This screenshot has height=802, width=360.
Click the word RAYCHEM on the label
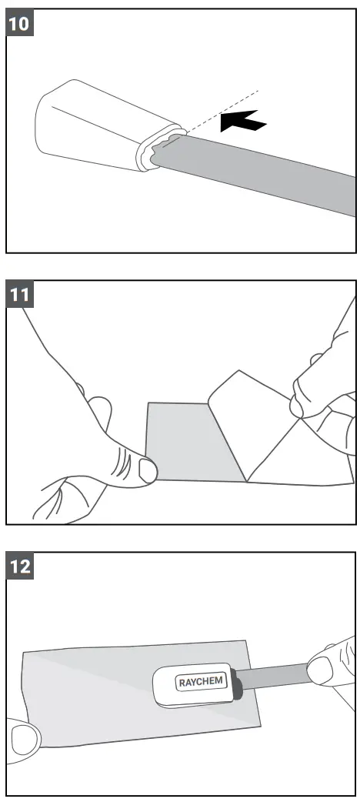click(x=197, y=682)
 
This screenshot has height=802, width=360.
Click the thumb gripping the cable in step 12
click(x=327, y=668)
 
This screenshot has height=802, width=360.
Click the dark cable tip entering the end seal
click(x=238, y=685)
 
